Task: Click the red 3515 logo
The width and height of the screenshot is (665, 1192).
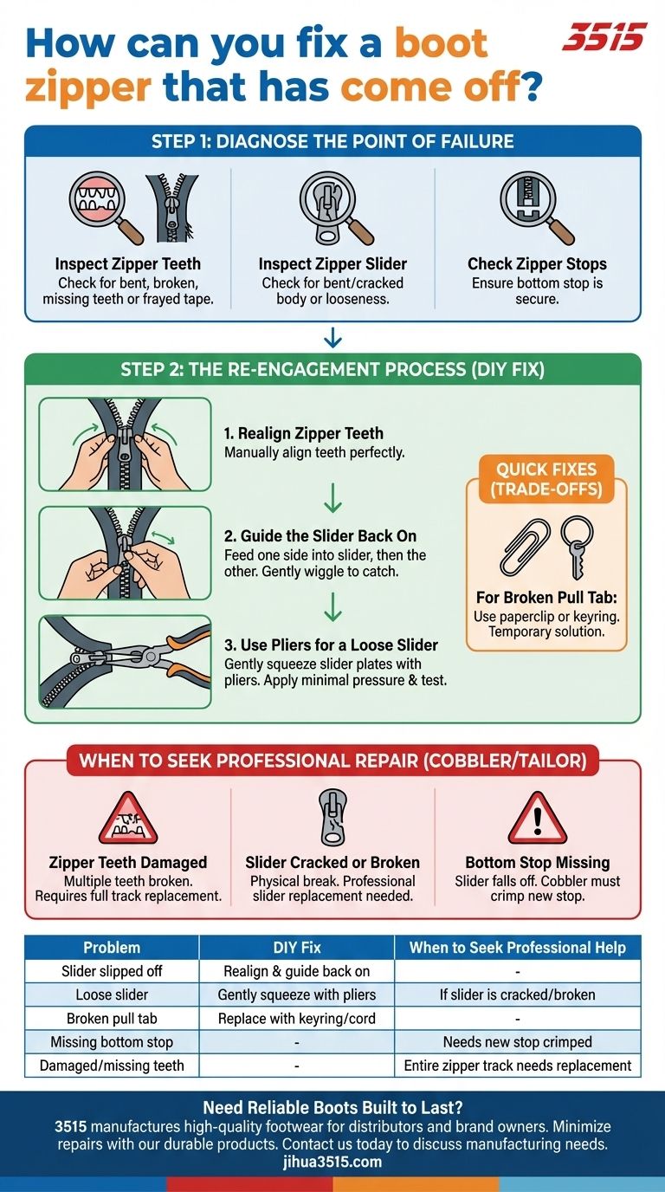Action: click(x=605, y=36)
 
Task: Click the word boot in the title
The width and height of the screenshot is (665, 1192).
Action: click(x=441, y=42)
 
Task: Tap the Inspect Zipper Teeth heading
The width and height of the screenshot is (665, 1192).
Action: click(x=127, y=264)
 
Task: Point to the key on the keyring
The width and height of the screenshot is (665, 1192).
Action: click(x=576, y=560)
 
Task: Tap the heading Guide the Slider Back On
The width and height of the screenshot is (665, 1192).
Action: click(x=320, y=536)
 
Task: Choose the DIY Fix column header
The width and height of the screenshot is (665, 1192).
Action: click(x=297, y=947)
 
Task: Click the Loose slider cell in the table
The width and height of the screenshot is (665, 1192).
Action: click(x=112, y=994)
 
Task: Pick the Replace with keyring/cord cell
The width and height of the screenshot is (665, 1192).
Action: click(x=297, y=1019)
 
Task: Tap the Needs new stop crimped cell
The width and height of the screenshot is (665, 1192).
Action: click(x=518, y=1042)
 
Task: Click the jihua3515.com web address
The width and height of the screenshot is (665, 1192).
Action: click(x=332, y=1161)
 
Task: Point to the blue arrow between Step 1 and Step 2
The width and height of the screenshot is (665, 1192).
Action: click(x=332, y=338)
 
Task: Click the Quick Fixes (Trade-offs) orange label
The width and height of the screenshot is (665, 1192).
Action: click(x=546, y=479)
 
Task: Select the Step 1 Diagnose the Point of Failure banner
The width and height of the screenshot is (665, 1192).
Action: click(x=332, y=141)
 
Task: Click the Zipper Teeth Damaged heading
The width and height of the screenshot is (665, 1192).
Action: click(x=127, y=862)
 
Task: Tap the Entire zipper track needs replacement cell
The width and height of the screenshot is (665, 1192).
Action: click(x=518, y=1066)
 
